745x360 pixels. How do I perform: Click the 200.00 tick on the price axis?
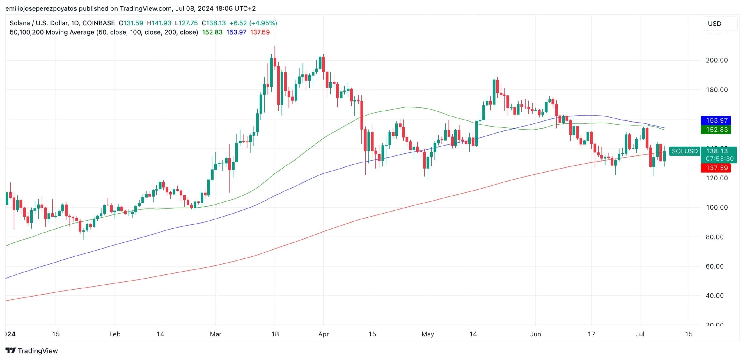[716, 60]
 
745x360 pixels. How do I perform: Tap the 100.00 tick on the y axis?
[716, 208]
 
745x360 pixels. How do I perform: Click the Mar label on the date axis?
[215, 334]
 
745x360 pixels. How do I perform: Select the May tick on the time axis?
[428, 334]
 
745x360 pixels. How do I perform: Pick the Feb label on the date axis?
[115, 334]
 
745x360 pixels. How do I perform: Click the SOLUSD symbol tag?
[684, 151]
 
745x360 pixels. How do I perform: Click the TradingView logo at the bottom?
[32, 351]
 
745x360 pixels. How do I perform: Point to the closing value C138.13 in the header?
[214, 23]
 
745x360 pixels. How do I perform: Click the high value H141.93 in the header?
[159, 23]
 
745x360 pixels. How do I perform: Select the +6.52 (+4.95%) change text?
[253, 23]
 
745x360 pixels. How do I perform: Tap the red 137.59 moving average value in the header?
[260, 32]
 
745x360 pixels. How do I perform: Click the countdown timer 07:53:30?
[719, 159]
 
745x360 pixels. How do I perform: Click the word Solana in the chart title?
[20, 23]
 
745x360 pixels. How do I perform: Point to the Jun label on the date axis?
[535, 334]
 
